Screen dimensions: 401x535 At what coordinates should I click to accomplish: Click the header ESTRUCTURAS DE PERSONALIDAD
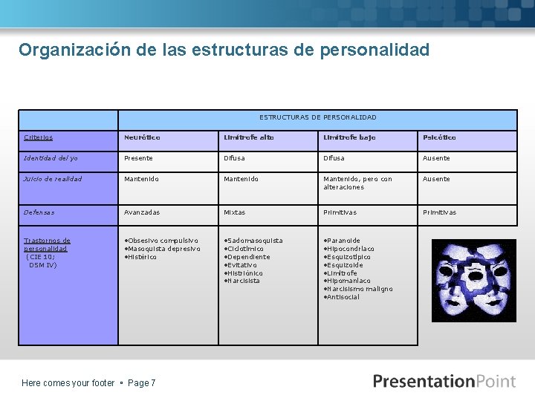click(x=317, y=117)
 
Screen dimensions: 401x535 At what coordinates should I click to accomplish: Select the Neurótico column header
click(x=142, y=137)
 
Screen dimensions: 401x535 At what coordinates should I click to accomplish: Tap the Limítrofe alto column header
click(x=249, y=137)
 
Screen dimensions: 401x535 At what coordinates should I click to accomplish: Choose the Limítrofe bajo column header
click(x=349, y=137)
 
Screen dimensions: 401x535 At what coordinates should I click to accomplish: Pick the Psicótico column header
click(x=439, y=137)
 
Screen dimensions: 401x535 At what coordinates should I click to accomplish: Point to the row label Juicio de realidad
click(x=53, y=179)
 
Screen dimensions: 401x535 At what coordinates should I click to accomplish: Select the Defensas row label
click(x=39, y=212)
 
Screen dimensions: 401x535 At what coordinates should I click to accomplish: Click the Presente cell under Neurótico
click(x=139, y=158)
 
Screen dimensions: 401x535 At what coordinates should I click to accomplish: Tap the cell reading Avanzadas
click(x=142, y=212)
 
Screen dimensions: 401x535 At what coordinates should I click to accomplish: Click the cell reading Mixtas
click(x=235, y=212)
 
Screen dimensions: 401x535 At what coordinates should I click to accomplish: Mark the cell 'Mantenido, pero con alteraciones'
click(x=357, y=183)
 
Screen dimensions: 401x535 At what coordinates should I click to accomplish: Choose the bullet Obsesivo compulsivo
click(x=163, y=241)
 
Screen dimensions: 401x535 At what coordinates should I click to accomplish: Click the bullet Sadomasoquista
click(x=255, y=241)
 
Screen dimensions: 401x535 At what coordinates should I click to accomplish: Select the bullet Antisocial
click(x=343, y=297)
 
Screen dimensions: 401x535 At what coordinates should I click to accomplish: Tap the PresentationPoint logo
click(x=444, y=382)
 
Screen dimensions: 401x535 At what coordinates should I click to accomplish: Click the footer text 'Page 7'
click(x=142, y=383)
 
